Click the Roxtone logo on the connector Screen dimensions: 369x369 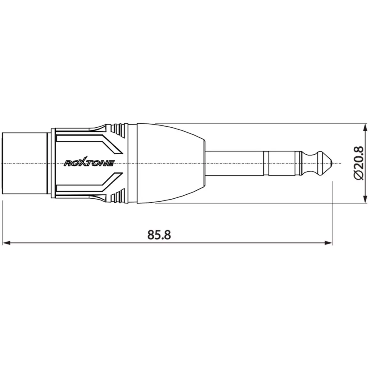[89, 163]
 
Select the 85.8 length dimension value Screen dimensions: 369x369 [159, 235]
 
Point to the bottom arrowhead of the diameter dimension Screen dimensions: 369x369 [365, 199]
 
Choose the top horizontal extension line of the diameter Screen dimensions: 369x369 [261, 124]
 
